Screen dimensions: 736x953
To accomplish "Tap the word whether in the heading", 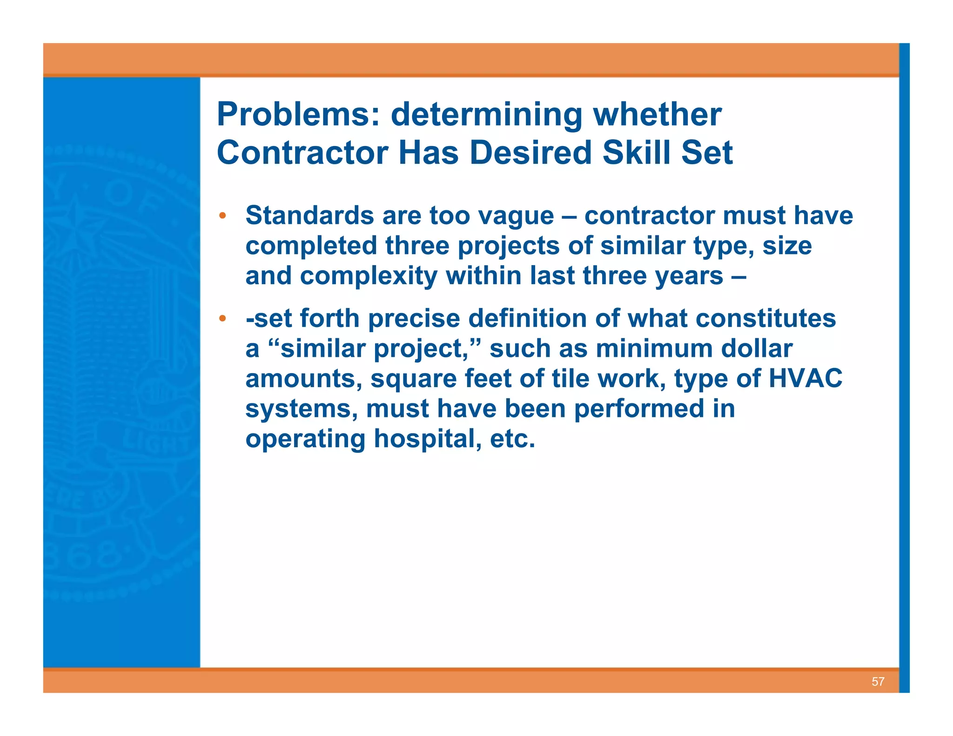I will pos(657,114).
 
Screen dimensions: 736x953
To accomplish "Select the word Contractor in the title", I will pos(302,153).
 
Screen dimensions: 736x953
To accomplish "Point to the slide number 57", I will pos(878,682).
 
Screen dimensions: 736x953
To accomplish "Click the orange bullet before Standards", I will pos(223,216).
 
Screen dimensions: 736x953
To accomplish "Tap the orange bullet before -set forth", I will pos(223,319).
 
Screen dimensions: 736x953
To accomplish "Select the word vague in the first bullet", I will pos(516,216).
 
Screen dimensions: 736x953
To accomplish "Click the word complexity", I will pos(369,276).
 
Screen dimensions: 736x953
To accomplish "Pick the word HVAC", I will pos(805,378).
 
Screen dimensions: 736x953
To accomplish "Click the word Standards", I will pos(309,216).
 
